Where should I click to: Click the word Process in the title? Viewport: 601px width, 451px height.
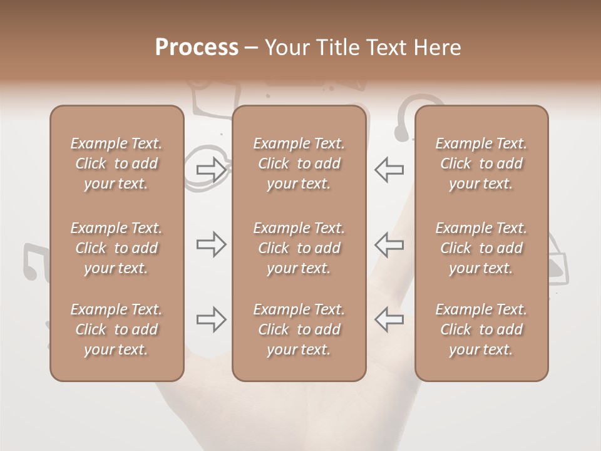coord(197,48)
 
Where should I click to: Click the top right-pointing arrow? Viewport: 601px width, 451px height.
coord(211,169)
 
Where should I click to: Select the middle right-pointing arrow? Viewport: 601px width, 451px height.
coord(211,244)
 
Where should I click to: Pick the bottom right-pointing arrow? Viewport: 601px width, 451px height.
coord(211,319)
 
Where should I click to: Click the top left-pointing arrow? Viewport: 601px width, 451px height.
coord(389,169)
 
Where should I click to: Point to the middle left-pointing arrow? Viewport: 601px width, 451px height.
coord(389,244)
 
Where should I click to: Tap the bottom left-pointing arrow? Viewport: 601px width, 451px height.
coord(389,319)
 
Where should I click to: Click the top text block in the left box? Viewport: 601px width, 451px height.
coord(116,163)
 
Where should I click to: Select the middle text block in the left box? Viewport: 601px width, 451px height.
coord(116,248)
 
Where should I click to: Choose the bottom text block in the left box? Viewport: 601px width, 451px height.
coord(116,329)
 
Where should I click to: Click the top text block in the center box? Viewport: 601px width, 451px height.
coord(299,163)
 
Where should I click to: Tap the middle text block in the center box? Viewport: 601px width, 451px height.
coord(299,248)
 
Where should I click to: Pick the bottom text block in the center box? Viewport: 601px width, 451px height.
coord(299,329)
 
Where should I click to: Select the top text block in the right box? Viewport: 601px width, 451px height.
coord(481,163)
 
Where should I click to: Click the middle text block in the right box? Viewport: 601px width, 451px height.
coord(481,248)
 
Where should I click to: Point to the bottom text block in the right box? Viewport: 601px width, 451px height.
coord(481,329)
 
